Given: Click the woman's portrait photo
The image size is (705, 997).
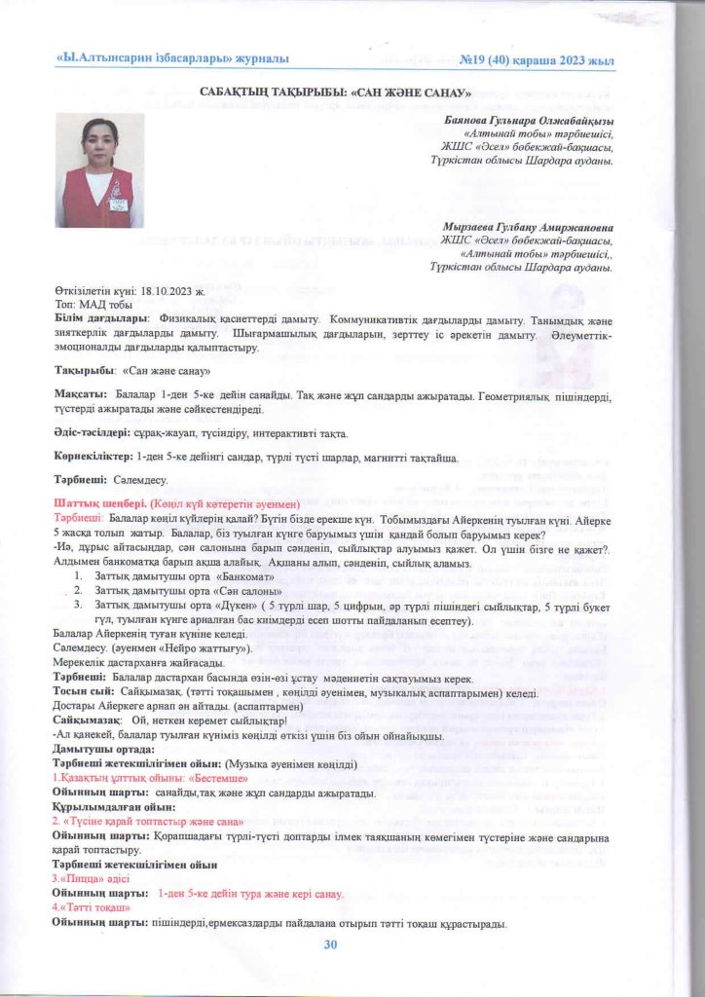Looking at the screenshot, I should pyautogui.click(x=95, y=170).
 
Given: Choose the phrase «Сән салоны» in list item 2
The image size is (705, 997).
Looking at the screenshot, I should pyautogui.click(x=241, y=591).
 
